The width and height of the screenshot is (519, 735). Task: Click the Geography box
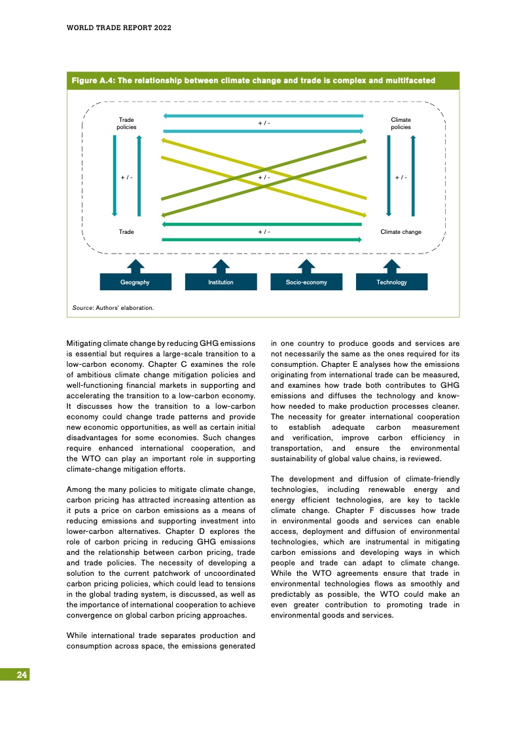click(135, 282)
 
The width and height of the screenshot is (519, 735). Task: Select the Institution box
click(221, 282)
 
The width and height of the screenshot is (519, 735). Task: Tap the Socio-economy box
click(306, 282)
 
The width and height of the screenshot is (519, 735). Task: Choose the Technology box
click(391, 282)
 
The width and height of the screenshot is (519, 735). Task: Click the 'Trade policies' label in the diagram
click(126, 123)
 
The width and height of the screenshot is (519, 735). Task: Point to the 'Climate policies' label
click(401, 123)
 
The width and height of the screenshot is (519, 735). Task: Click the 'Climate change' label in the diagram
click(401, 232)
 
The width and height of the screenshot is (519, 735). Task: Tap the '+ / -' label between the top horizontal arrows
click(264, 123)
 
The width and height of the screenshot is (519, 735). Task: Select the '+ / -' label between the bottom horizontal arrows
click(264, 232)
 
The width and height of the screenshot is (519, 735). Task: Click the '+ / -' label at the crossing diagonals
click(264, 178)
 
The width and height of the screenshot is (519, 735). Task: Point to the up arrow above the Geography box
click(135, 265)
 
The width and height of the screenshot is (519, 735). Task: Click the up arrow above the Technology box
click(391, 265)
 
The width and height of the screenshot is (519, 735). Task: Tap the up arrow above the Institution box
click(221, 265)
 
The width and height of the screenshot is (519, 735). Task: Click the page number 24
click(22, 675)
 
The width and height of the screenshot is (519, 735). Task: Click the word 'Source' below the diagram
click(82, 307)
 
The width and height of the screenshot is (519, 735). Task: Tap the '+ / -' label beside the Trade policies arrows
click(126, 178)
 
